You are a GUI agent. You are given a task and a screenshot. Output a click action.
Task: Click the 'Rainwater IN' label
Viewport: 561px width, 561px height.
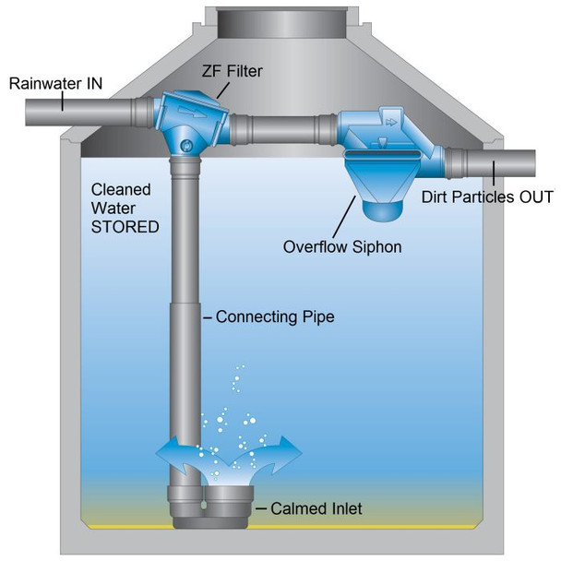55,84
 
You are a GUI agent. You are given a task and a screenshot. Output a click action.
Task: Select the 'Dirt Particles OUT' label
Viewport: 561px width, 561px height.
487,197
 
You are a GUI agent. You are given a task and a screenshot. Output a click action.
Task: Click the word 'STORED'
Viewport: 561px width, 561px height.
125,227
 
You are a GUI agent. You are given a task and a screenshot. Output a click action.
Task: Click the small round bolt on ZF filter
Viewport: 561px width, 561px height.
187,145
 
